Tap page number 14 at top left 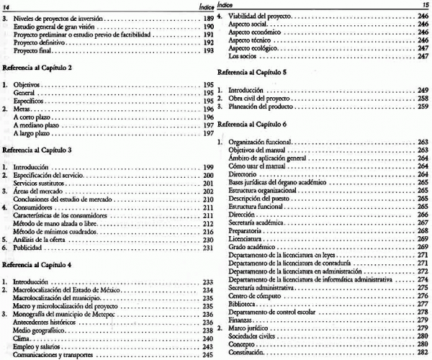pyautogui.click(x=6, y=5)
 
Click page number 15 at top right pyautogui.click(x=424, y=5)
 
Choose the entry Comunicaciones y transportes pyautogui.click(x=51, y=354)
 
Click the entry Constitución pyautogui.click(x=247, y=354)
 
